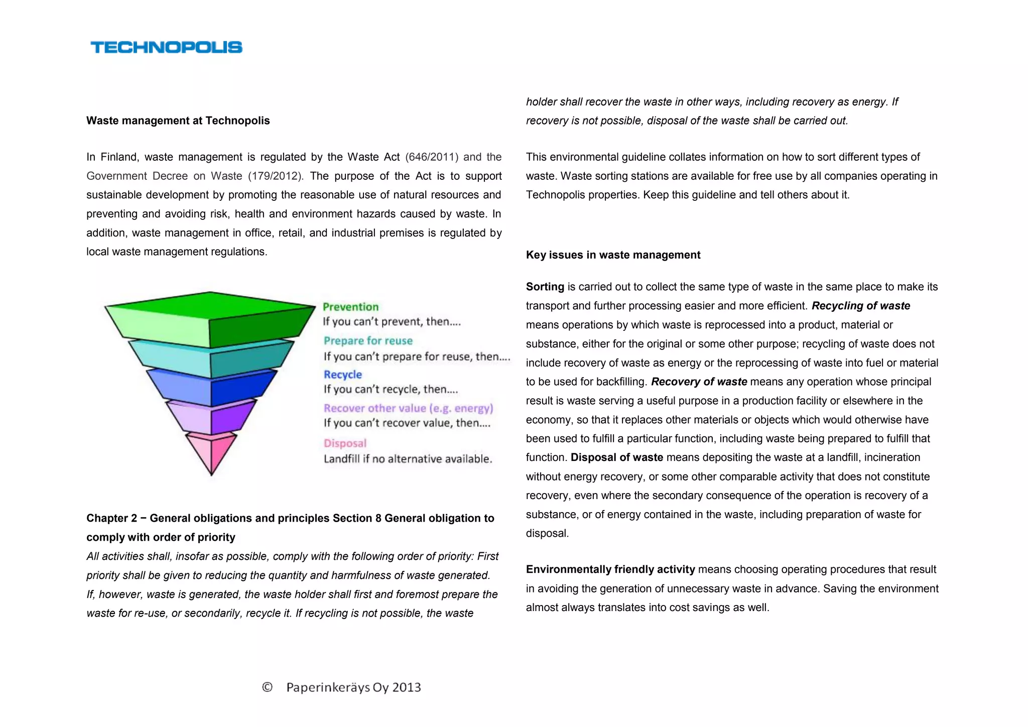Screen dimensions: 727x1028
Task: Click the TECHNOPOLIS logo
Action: coord(166,47)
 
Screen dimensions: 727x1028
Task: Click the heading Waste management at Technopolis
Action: coord(178,120)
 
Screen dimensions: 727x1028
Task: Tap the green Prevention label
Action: coord(350,307)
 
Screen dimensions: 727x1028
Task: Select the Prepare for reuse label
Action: coord(368,341)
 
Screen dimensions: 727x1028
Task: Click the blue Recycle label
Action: coord(342,375)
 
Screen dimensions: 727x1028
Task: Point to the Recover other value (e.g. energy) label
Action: coord(408,408)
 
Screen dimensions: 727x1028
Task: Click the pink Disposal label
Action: coord(345,443)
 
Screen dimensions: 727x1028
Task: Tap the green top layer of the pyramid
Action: coord(210,319)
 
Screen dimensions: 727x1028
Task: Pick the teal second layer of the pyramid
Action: coord(211,357)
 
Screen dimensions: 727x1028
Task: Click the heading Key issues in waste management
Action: coord(613,255)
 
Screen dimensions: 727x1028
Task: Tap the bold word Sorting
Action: coord(545,287)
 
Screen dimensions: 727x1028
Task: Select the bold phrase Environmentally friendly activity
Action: coord(610,569)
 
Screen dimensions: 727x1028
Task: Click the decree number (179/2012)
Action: coord(276,176)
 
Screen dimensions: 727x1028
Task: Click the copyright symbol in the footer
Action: coord(267,687)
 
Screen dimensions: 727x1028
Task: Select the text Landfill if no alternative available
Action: coord(408,459)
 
